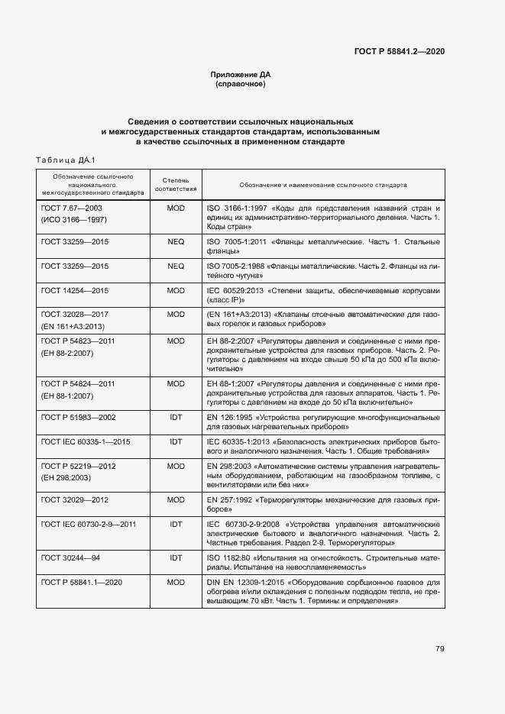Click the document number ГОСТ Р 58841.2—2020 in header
coord(399,51)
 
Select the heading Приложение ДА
coord(241,74)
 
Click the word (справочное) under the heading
coord(241,84)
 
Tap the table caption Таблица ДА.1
coord(64,160)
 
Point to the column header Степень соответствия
coord(176,185)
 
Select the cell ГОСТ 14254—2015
coord(75,291)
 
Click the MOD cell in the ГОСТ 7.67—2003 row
coord(176,208)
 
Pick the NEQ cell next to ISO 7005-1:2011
coord(176,241)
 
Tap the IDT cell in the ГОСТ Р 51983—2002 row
coord(176,417)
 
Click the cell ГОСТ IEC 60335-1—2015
coord(86,441)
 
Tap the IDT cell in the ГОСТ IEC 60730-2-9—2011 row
coord(176,525)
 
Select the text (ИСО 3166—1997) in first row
coord(73,219)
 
